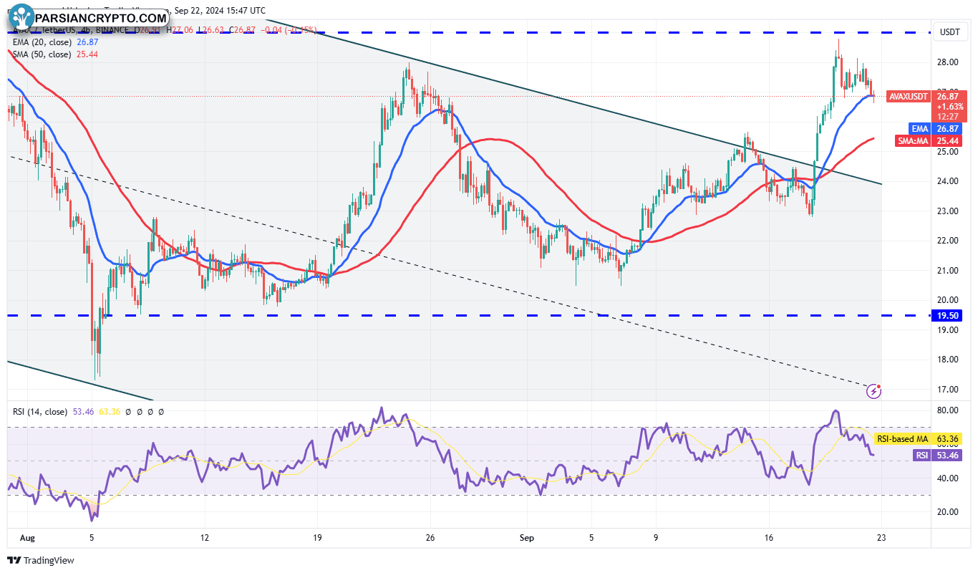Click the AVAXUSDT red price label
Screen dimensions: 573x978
(908, 96)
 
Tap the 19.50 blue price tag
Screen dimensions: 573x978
(949, 316)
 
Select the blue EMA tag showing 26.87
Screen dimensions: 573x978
(920, 128)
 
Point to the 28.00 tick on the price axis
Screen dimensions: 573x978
(948, 62)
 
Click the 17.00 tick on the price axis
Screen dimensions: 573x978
(948, 390)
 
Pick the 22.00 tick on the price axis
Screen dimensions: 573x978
(948, 241)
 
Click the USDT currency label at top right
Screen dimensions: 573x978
(949, 32)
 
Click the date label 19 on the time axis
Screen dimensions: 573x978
(318, 537)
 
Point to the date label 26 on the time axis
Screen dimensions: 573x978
(430, 537)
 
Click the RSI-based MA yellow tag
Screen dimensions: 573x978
(902, 438)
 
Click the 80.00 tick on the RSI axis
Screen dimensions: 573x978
(948, 410)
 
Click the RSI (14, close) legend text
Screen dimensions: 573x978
(40, 412)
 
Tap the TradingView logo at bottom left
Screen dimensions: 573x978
(41, 560)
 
